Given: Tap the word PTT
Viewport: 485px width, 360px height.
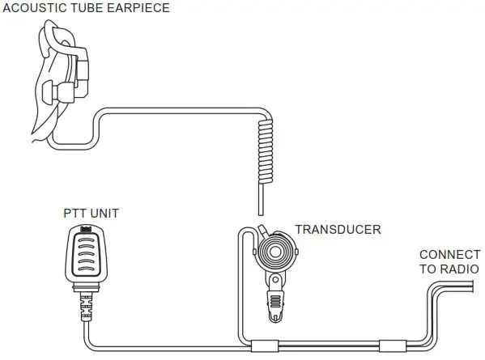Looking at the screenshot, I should click(74, 214).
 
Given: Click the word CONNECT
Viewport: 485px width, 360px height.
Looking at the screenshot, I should click(449, 254).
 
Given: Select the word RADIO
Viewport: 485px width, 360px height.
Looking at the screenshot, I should click(459, 269).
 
